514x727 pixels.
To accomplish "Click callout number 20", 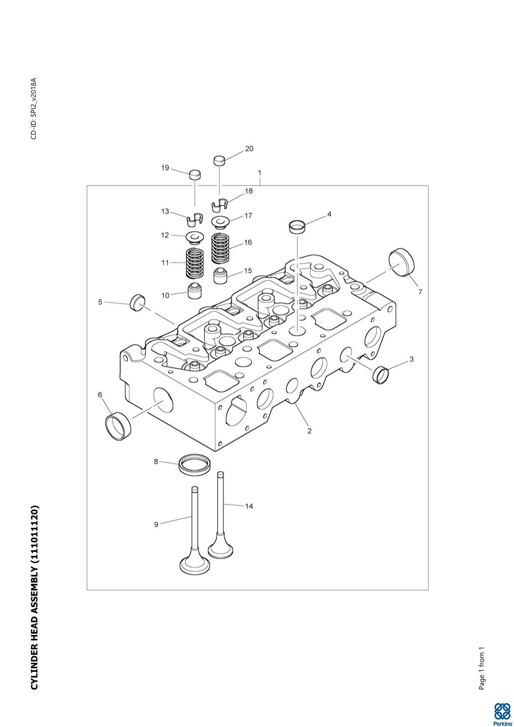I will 249,149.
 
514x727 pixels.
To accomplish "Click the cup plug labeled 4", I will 298,227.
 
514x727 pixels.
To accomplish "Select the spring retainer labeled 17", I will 220,220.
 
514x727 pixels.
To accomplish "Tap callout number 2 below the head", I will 309,431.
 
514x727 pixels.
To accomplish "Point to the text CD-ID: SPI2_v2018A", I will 34,108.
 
